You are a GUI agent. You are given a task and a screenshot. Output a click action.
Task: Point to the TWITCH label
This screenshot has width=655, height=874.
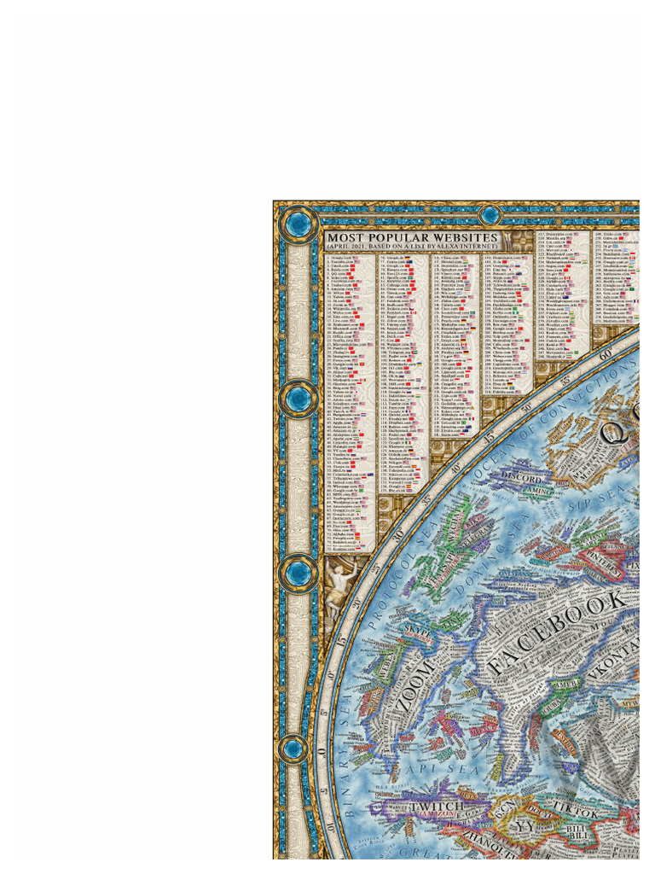pos(437,806)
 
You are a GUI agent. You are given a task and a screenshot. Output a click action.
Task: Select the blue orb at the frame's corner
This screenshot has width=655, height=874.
pos(298,224)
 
